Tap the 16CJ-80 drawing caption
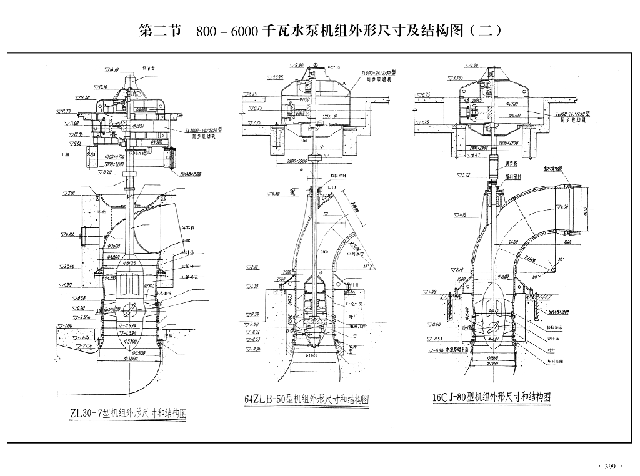click(x=491, y=397)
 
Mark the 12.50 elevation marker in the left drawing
click(x=82, y=97)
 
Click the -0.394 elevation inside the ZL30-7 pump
click(x=129, y=325)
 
